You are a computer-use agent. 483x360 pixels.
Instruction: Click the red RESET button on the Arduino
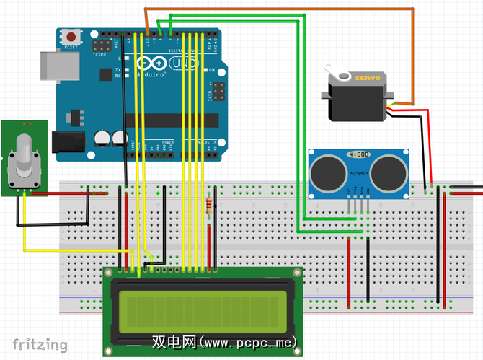[71, 36]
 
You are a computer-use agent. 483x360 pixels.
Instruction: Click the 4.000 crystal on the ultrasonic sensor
[359, 154]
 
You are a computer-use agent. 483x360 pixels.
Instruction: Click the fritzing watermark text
[40, 345]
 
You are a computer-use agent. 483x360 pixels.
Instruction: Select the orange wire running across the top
[281, 9]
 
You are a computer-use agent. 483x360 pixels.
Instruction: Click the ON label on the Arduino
[212, 70]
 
